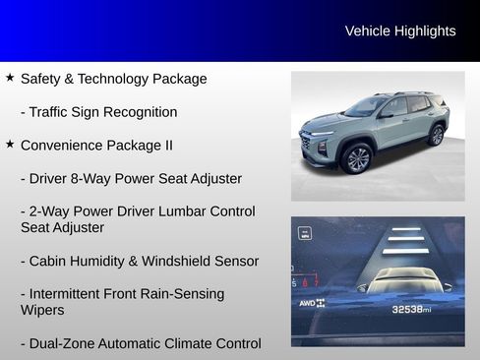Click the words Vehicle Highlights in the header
pos(400,31)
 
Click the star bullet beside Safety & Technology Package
pos(10,77)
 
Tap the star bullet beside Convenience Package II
pos(10,144)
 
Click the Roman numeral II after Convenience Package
pos(166,146)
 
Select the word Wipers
pos(42,310)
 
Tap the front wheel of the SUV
pos(358,158)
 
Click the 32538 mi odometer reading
pos(411,309)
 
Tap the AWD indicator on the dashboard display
pos(312,303)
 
